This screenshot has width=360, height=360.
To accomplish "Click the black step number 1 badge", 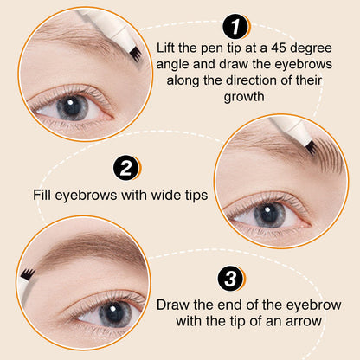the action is [235, 27].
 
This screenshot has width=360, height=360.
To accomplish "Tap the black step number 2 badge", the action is [125, 168].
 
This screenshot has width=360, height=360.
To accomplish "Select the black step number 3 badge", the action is [230, 279].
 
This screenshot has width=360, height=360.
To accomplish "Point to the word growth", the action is [244, 97].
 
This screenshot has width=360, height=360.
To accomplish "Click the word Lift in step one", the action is [166, 48].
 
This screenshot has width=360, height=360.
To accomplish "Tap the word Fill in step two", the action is [42, 195].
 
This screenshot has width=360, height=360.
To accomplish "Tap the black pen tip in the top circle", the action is [135, 55].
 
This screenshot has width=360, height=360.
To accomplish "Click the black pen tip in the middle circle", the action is [311, 148].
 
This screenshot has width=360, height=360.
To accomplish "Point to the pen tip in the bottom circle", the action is [29, 273].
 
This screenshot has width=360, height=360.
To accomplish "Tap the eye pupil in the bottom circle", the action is [115, 313].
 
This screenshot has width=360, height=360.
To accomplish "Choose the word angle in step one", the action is [172, 65].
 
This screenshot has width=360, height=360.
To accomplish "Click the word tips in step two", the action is [196, 196].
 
